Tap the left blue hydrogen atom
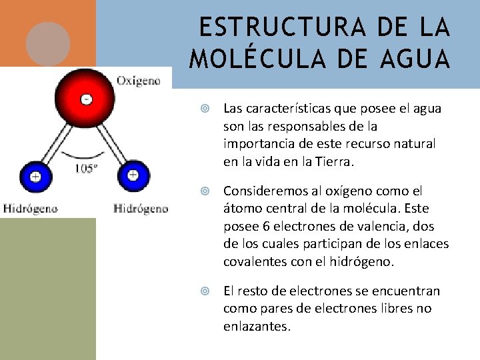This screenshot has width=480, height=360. tap(35, 177)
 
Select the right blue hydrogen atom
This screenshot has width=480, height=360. tap(133, 177)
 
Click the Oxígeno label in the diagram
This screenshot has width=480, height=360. tap(139, 81)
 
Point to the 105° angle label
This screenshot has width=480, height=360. tap(85, 168)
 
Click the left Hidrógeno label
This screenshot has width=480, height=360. tap(31, 209)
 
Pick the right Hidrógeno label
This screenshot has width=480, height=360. tap(141, 209)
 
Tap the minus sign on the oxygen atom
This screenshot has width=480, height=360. tap(86, 99)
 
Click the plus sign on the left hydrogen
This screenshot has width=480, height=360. tap(35, 177)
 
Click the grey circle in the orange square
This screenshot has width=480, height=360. tap(48, 43)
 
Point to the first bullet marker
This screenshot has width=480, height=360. tap(206, 109)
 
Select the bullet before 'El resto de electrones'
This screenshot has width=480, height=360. tap(206, 291)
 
